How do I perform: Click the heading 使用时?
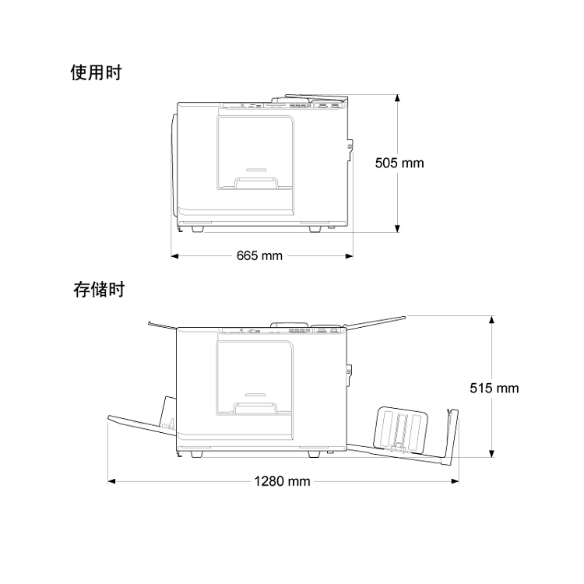pos(95,73)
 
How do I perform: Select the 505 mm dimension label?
pos(399,163)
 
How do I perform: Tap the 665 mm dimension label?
pos(260,255)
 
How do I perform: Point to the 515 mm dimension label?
pos(494,387)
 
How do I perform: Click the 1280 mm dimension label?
pos(282,481)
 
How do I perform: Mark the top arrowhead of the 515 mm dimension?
pos(491,319)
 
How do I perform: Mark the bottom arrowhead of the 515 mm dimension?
pos(491,455)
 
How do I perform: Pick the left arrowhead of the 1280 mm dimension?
pos(111,481)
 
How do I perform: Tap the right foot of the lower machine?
pos(313,453)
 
